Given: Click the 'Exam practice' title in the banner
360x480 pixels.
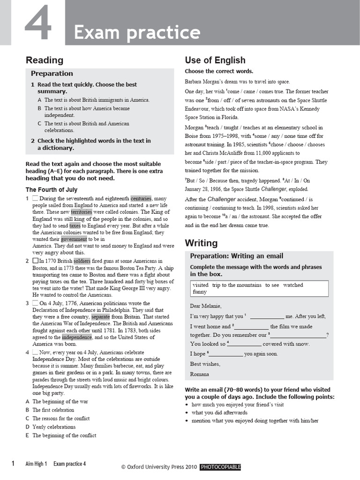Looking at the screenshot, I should click(x=137, y=32).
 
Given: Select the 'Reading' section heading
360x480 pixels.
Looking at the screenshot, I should click(x=44, y=60).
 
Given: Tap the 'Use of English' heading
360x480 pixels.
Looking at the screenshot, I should click(x=215, y=60).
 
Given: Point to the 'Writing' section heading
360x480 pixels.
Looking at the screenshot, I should click(x=201, y=243).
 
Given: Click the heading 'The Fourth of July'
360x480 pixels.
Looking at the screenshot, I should click(x=51, y=190).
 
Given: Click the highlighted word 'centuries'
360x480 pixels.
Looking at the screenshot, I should click(x=141, y=198).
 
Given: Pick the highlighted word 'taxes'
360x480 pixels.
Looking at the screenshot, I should click(x=75, y=225).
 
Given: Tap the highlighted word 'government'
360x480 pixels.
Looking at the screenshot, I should click(x=74, y=239).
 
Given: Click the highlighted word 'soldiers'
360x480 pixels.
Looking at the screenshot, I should click(x=82, y=261).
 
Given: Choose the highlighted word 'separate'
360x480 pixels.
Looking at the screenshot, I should click(x=101, y=316).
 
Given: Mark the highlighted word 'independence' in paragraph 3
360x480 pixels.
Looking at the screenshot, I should click(x=77, y=337).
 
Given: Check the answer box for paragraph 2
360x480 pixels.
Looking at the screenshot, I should click(x=35, y=261).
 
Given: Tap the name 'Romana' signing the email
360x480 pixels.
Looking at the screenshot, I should click(x=199, y=374).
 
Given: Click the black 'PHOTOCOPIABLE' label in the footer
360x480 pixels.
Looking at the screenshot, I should click(x=220, y=467).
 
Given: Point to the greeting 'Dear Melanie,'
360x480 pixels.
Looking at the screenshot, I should click(x=205, y=306).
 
